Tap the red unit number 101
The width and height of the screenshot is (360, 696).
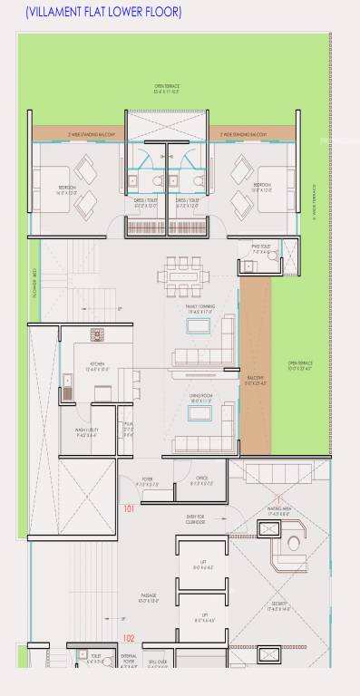pyautogui.click(x=129, y=508)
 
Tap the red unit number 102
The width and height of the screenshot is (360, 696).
pyautogui.click(x=129, y=638)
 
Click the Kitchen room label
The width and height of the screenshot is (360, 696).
pyautogui.click(x=96, y=367)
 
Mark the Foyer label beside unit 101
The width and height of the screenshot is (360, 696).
pyautogui.click(x=147, y=481)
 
